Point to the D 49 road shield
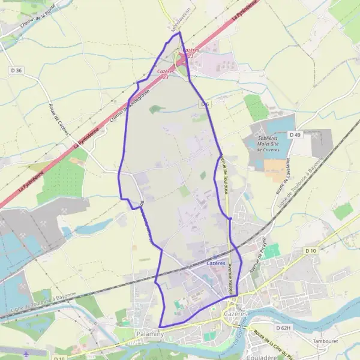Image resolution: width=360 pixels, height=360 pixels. [x=295, y=135]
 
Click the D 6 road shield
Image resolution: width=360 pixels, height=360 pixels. [x=205, y=104]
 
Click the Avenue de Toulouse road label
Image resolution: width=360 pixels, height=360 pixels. [x=224, y=175]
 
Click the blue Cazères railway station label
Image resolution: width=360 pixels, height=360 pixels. [x=216, y=263]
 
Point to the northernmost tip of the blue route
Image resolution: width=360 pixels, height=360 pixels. [x=178, y=33]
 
